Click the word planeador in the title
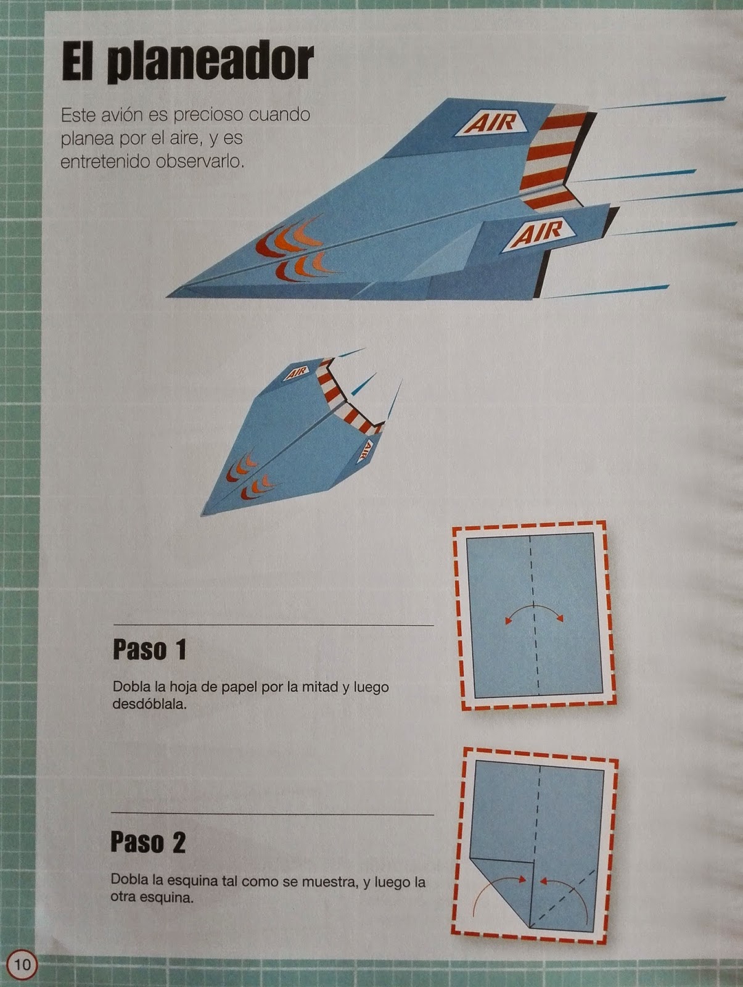tap(210, 62)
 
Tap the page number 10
tap(22, 964)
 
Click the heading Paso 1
tap(150, 650)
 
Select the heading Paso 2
tap(148, 842)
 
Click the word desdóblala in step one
tap(149, 704)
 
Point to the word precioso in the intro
tap(209, 115)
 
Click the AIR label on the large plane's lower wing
tap(540, 233)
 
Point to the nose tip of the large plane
tap(166, 296)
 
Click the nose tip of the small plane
tap(202, 515)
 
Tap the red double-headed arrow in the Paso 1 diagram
tap(534, 612)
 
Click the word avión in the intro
tap(120, 115)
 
